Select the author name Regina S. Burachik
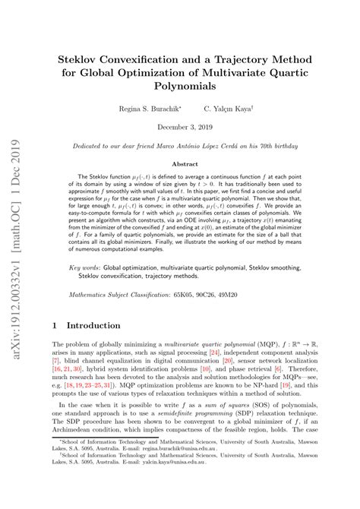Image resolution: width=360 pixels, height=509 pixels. (148, 109)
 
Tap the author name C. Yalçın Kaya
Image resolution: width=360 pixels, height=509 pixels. (232, 109)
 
